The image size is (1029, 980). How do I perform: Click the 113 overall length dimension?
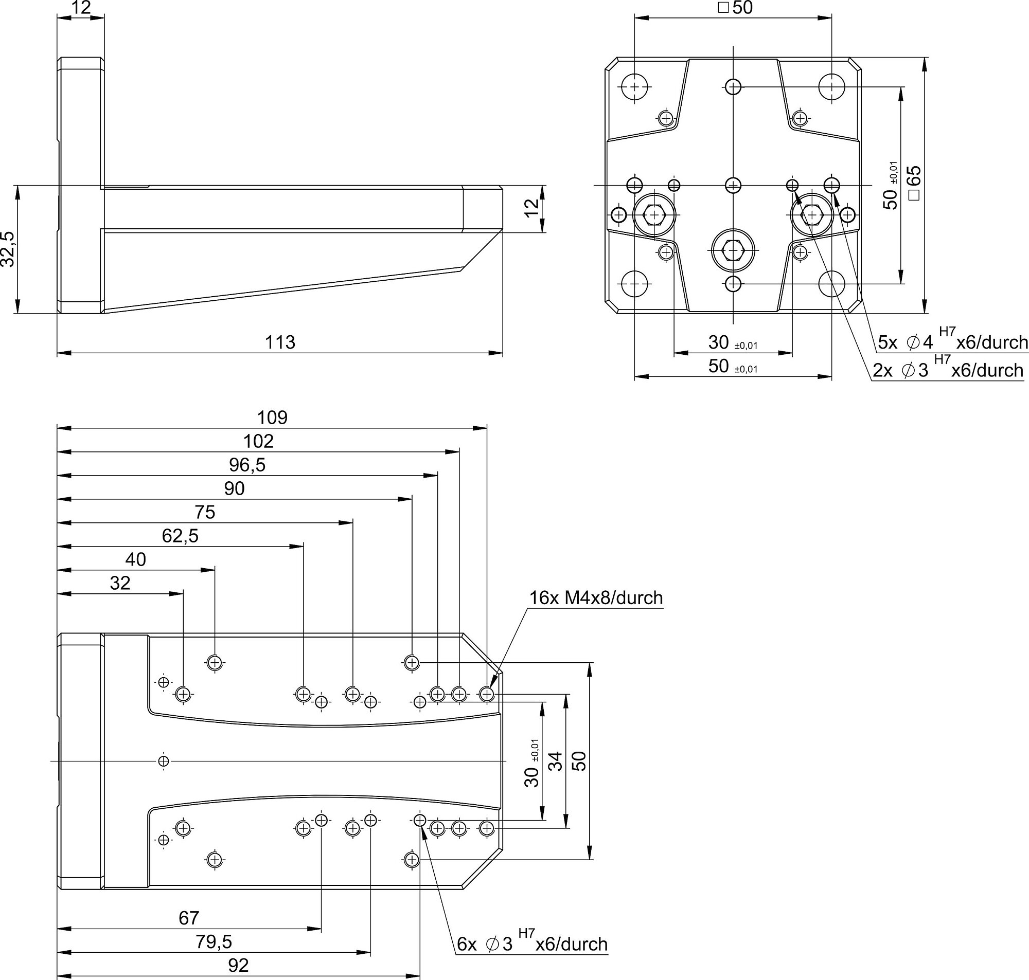(280, 342)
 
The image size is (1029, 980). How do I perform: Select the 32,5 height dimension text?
(8, 249)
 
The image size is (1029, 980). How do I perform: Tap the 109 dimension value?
(272, 418)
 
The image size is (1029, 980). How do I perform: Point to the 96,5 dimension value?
(247, 465)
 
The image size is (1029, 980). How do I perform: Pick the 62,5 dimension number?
(180, 536)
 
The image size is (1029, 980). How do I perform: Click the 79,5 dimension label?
(214, 942)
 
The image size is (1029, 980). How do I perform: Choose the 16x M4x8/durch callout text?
(596, 597)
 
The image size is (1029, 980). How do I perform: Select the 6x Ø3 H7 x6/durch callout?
(532, 942)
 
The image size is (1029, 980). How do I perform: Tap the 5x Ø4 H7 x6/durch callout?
(953, 340)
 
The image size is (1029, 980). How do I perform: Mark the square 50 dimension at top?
(735, 8)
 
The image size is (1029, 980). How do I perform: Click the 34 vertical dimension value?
(556, 760)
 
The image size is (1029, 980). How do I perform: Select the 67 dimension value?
(189, 918)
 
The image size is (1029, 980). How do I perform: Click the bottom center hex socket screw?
(733, 251)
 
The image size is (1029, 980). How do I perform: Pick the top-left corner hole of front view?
(634, 86)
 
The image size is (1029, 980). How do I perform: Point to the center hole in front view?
(733, 185)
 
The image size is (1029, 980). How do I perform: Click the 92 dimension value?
(238, 965)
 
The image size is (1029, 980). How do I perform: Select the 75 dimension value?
(205, 513)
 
